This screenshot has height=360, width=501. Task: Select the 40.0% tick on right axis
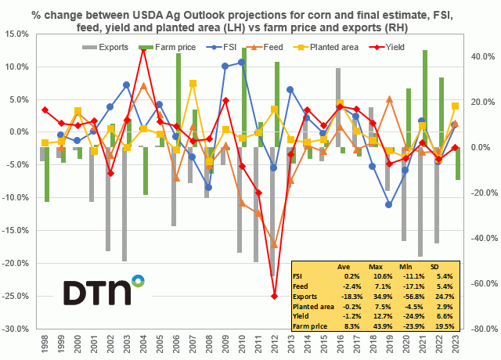pos(479,56)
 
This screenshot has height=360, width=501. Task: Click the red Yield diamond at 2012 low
pos(275,296)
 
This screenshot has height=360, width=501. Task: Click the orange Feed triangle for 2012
pos(275,245)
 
